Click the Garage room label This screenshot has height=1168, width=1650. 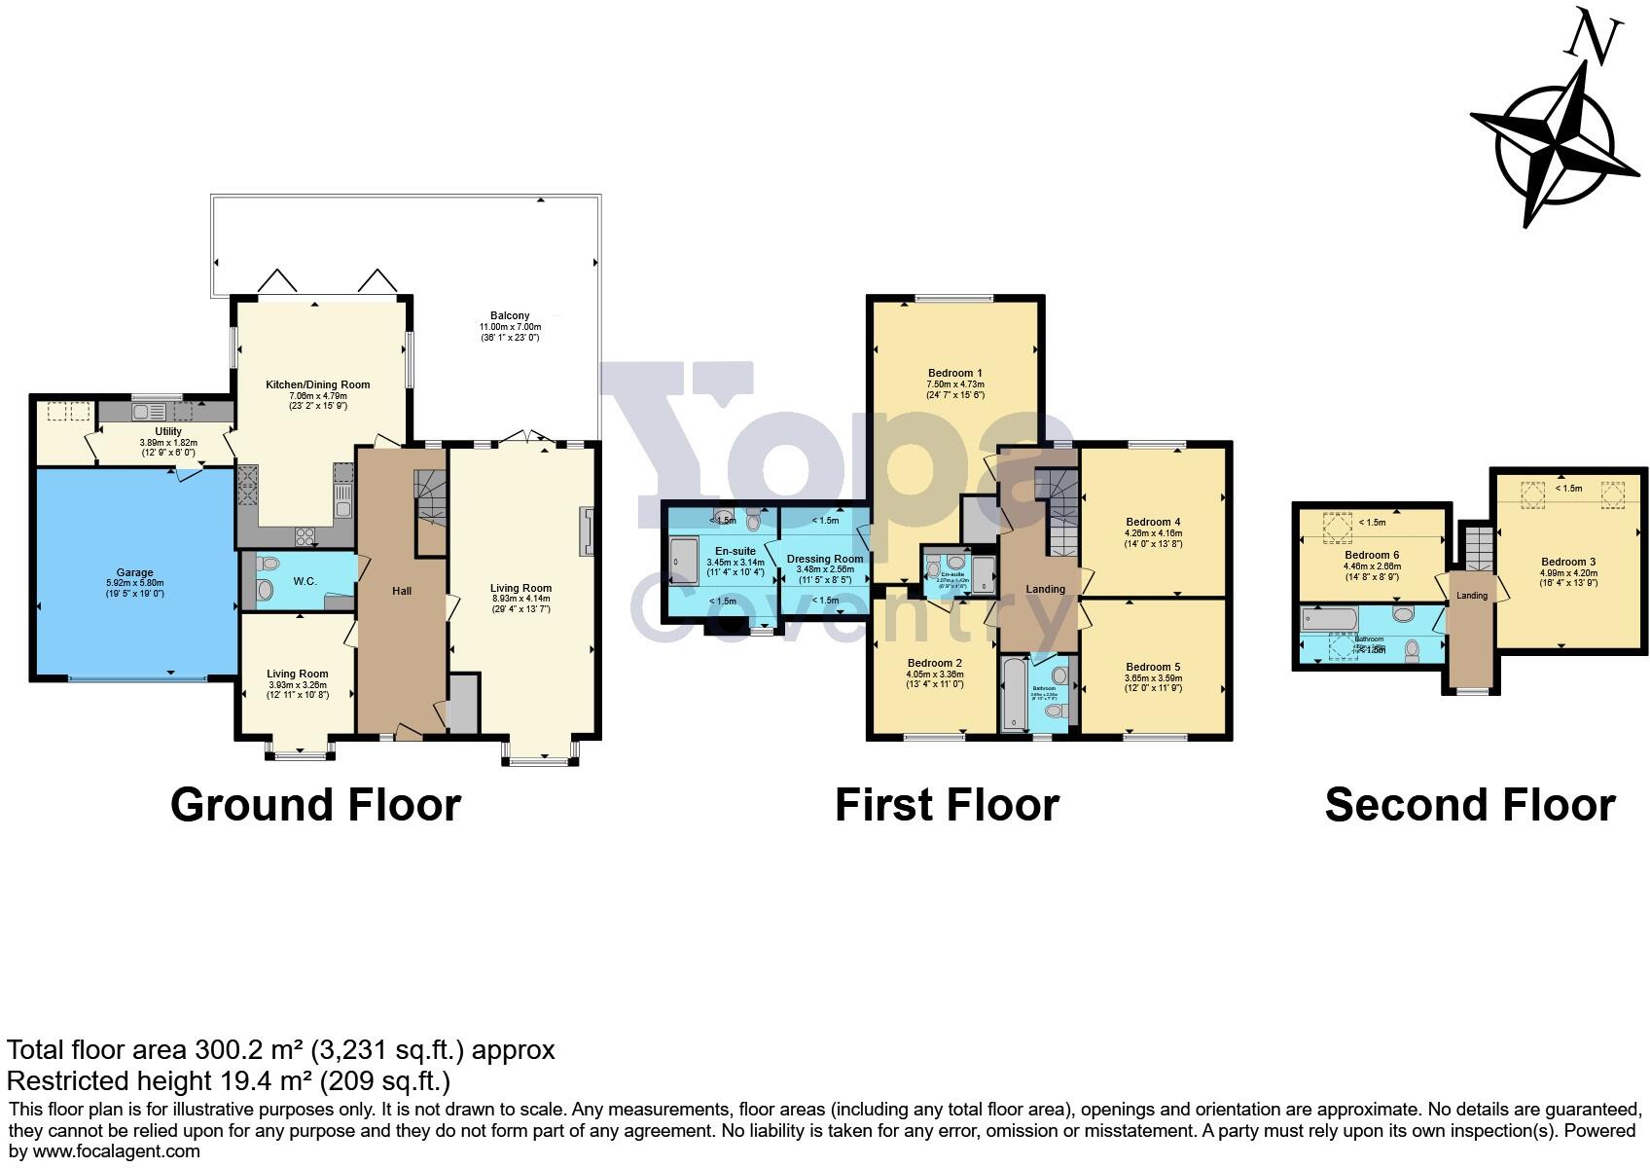click(x=135, y=573)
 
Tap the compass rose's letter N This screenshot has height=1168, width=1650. click(x=1594, y=40)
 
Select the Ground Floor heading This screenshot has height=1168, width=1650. click(x=315, y=806)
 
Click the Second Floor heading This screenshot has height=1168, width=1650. click(x=1469, y=806)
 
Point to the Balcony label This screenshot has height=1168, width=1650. click(x=510, y=315)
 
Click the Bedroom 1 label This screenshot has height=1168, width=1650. click(x=954, y=373)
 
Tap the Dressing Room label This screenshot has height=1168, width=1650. click(x=825, y=560)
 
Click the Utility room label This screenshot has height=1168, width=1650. click(x=168, y=431)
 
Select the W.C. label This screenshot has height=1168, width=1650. click(x=305, y=581)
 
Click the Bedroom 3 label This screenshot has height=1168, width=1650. click(x=1567, y=562)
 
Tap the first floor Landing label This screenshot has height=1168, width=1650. click(x=1045, y=589)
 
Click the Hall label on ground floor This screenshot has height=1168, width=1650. click(x=402, y=591)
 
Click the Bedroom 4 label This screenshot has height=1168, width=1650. click(x=1153, y=522)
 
